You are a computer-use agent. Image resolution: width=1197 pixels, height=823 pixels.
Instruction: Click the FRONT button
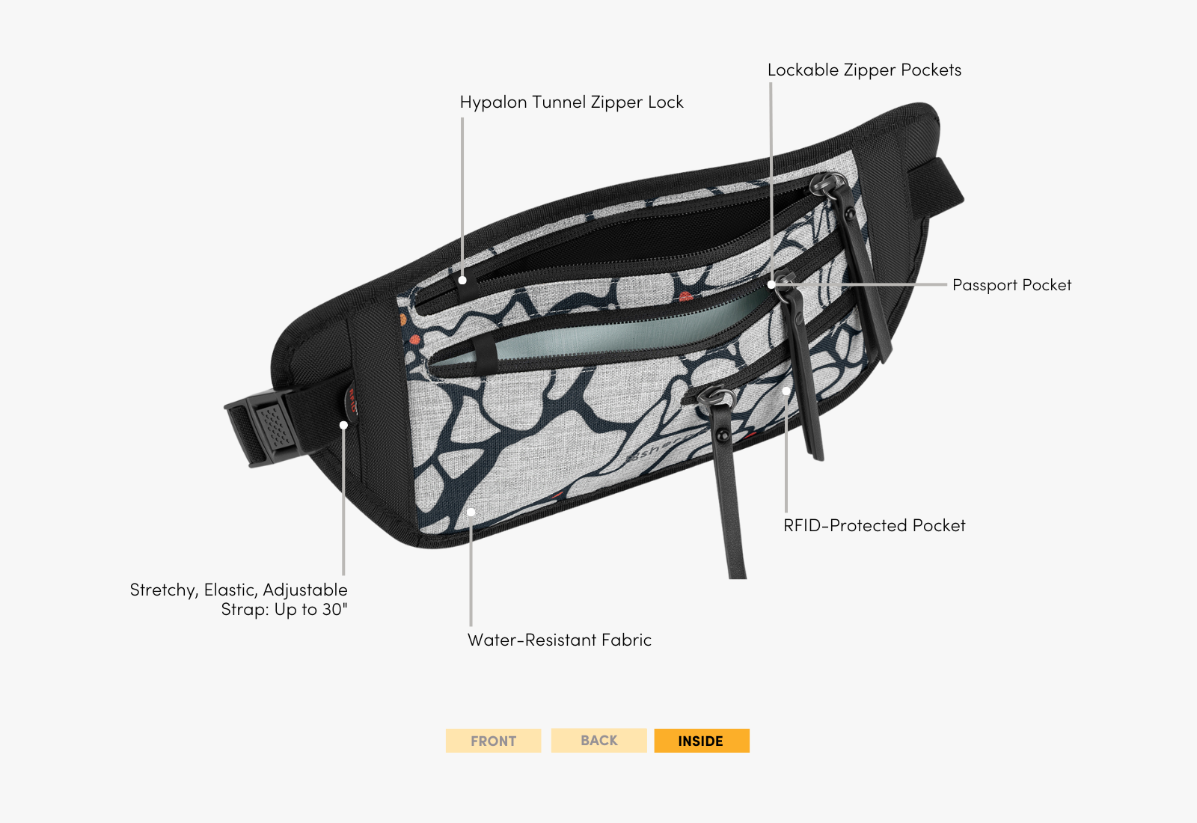coord(493,741)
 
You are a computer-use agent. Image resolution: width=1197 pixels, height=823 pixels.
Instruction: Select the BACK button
coord(598,740)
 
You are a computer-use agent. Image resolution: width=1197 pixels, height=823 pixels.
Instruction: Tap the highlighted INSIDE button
coord(701,741)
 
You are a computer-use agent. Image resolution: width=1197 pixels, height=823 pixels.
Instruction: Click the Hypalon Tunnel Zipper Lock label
coord(572,103)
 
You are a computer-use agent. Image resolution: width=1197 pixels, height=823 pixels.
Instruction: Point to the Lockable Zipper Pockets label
coord(864,70)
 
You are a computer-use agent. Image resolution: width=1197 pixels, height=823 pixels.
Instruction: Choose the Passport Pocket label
coord(1011,285)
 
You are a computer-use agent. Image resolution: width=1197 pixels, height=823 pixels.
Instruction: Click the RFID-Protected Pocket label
coord(874,525)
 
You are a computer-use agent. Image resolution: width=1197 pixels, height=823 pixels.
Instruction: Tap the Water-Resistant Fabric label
coord(560,640)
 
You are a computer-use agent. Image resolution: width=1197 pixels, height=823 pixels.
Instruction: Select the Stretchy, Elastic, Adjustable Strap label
coord(239,599)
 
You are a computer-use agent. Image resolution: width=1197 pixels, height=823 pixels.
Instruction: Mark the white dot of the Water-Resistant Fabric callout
coord(471,513)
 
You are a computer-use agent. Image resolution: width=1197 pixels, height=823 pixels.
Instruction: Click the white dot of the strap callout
coord(343,425)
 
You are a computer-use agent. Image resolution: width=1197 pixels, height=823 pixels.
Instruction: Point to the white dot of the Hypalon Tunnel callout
coord(462,280)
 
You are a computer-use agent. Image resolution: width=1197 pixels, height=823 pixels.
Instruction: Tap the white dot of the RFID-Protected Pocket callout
coord(786,391)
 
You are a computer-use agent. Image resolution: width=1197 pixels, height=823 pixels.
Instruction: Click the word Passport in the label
coord(985,285)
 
